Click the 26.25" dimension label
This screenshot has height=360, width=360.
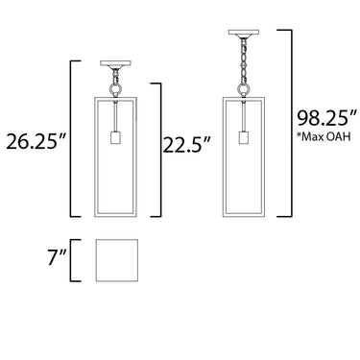point(36,141)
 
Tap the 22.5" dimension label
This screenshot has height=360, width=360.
point(187,144)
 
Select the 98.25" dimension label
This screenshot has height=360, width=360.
point(326,118)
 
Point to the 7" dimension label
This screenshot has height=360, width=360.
point(58,257)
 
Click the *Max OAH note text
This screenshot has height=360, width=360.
point(324,136)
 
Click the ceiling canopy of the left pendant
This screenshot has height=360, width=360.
point(115,64)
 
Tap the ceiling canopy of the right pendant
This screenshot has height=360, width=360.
point(244,34)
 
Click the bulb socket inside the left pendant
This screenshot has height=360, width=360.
point(115,137)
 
